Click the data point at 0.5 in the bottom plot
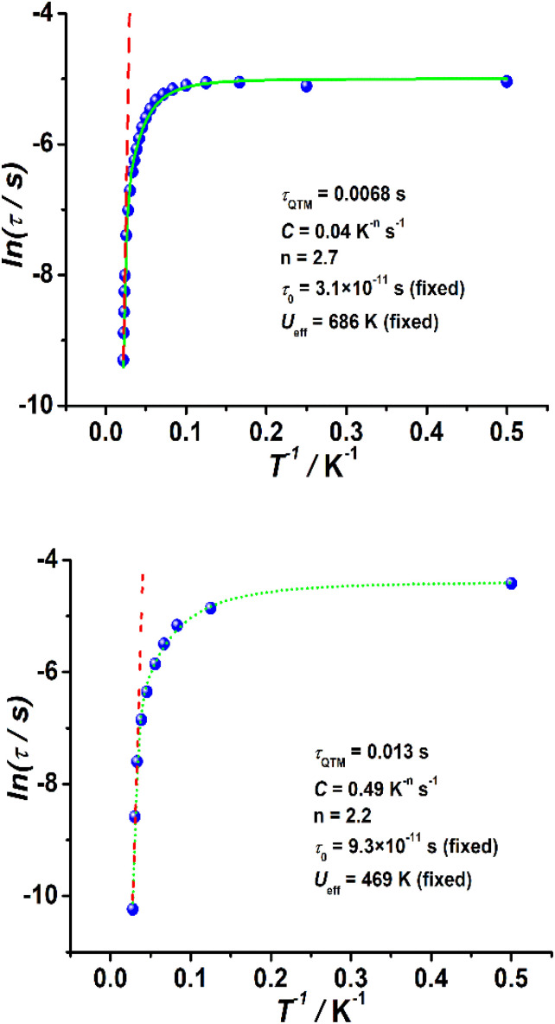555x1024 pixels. pyautogui.click(x=511, y=583)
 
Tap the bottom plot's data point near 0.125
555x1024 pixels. pyautogui.click(x=210, y=608)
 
